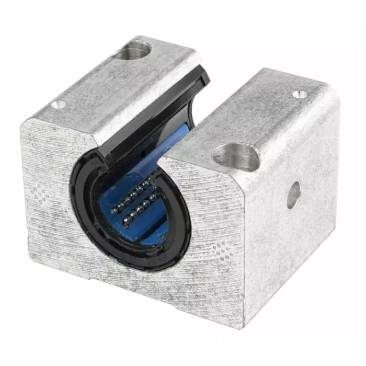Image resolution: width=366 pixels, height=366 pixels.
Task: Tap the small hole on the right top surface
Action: (x=299, y=94)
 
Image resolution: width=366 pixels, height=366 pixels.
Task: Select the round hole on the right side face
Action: (x=293, y=195)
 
